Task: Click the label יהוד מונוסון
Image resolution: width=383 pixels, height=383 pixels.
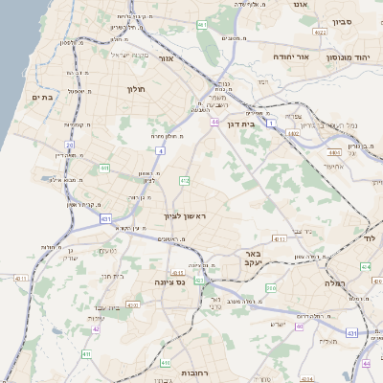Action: (344, 57)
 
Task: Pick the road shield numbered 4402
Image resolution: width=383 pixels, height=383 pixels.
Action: (333, 151)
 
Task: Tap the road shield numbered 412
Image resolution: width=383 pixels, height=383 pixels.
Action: (184, 179)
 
